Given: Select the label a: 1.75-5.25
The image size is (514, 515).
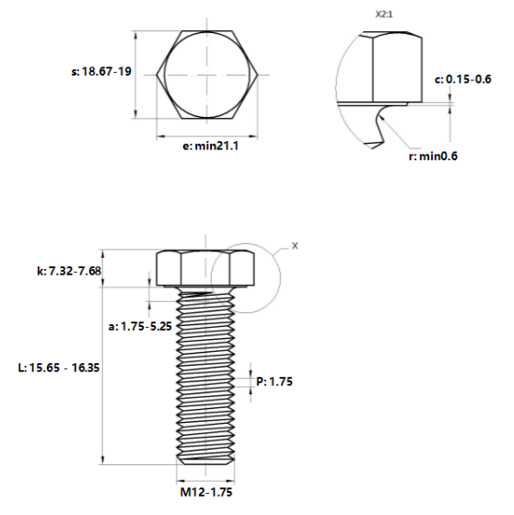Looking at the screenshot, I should coord(138,325).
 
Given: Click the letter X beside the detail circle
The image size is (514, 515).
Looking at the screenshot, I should coord(295,246).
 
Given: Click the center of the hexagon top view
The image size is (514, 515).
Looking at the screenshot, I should coord(206,73).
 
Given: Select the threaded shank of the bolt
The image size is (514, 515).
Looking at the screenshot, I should coord(206,378).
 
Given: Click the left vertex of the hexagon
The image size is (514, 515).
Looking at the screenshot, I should coord(157,73).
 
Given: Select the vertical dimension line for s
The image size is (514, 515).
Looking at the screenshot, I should coord(137,73).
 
